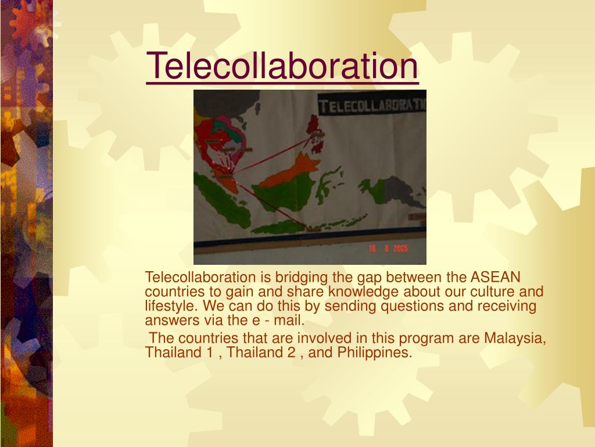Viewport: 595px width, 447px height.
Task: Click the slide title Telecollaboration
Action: [282, 66]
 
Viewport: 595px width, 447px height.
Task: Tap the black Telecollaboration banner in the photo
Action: [372, 106]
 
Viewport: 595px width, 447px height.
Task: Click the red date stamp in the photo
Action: [388, 249]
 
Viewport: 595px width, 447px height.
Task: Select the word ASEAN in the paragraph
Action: [496, 277]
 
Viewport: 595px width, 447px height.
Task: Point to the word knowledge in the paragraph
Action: [364, 292]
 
